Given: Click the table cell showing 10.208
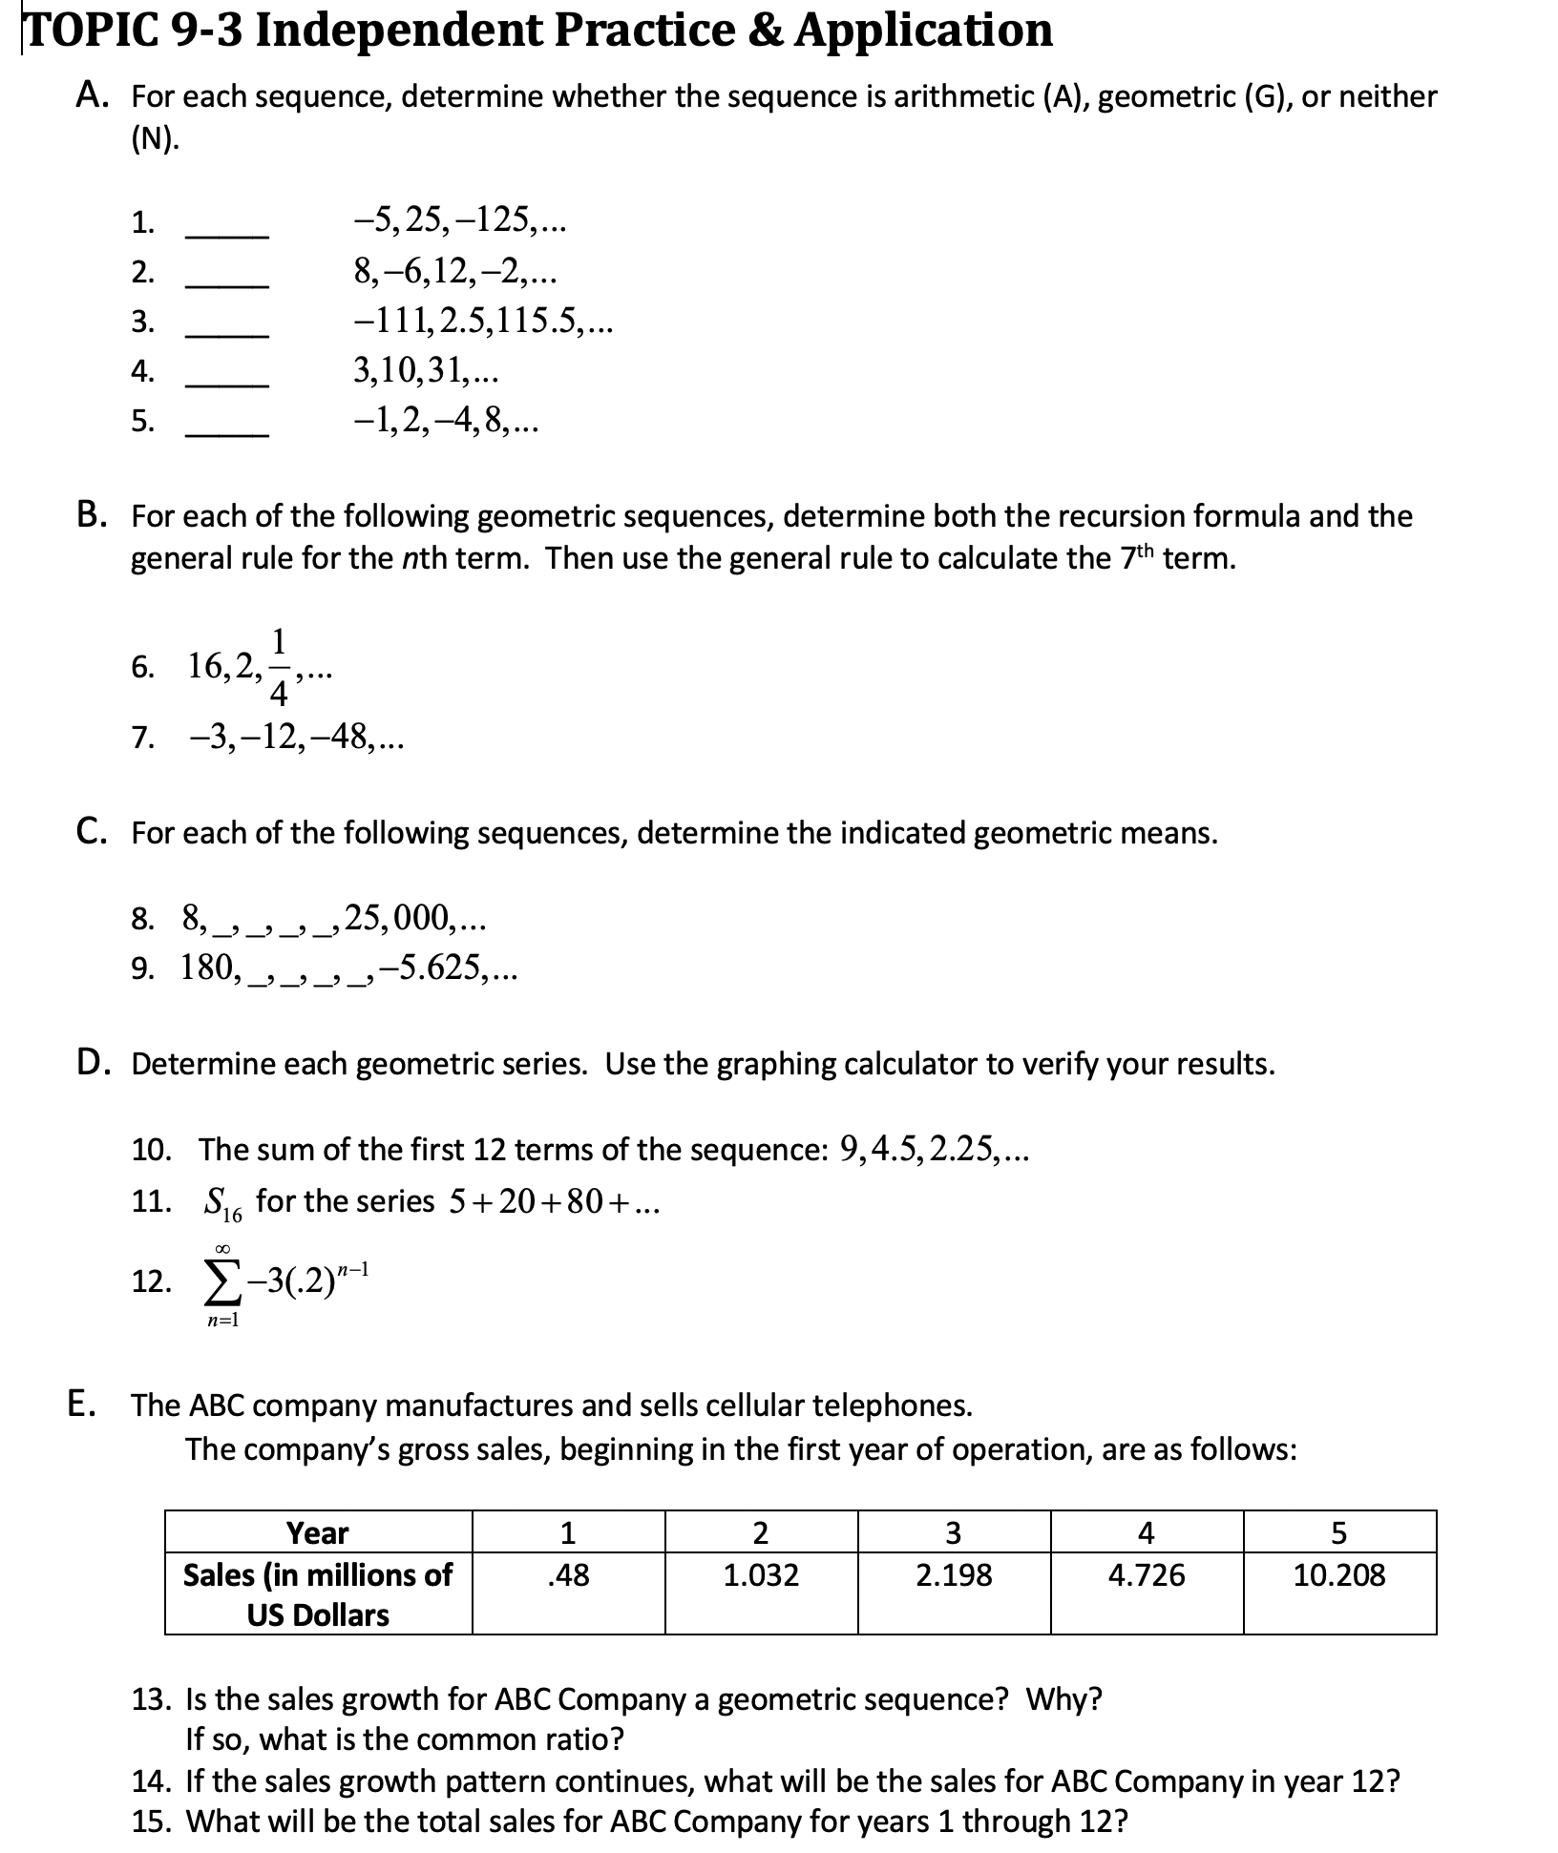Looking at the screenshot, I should pyautogui.click(x=1338, y=1574).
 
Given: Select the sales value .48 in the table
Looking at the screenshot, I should pyautogui.click(x=568, y=1574).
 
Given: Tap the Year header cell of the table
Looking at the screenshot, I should pyautogui.click(x=318, y=1532).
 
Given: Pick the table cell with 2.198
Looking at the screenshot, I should pyautogui.click(x=954, y=1574).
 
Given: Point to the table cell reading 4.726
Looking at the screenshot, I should pyautogui.click(x=1146, y=1574).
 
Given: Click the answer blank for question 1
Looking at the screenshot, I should pyautogui.click(x=227, y=234).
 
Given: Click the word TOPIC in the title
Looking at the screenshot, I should pyautogui.click(x=76, y=31).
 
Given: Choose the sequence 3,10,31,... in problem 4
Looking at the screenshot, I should pyautogui.click(x=425, y=369).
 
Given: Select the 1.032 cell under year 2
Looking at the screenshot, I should pyautogui.click(x=761, y=1574).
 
